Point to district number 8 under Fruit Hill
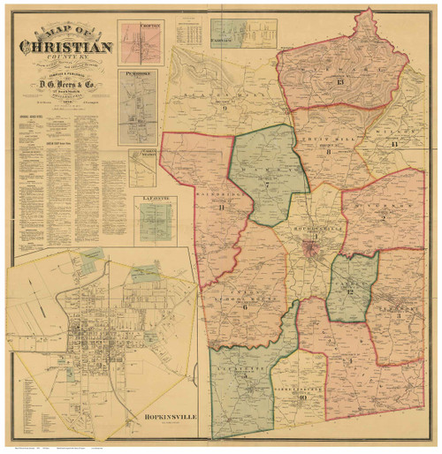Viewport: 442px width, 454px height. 328,152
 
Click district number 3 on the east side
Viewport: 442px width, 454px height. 399,315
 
